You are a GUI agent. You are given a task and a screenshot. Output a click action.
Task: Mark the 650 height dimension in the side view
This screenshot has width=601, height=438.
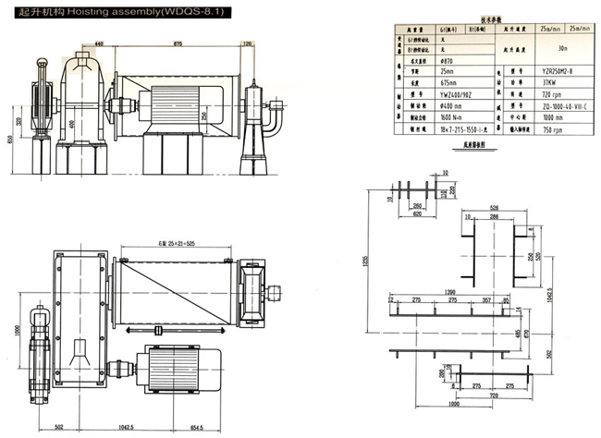(x=10, y=140)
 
